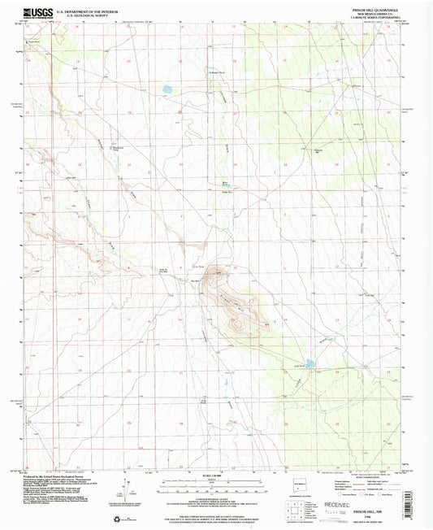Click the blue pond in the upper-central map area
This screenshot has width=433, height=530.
click(167, 89)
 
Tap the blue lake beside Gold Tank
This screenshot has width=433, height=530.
click(310, 363)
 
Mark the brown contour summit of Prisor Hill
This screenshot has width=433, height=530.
click(218, 276)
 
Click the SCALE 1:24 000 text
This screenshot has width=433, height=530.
click(217, 474)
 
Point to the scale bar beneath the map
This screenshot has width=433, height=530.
click(217, 482)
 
